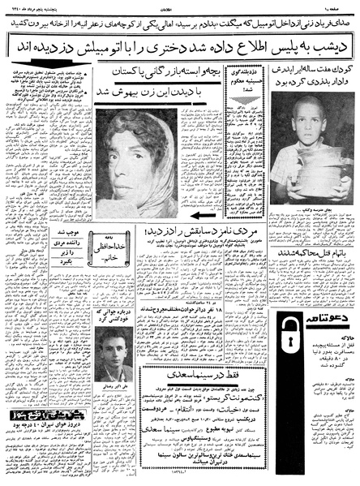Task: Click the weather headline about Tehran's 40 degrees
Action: [x=60, y=458]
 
